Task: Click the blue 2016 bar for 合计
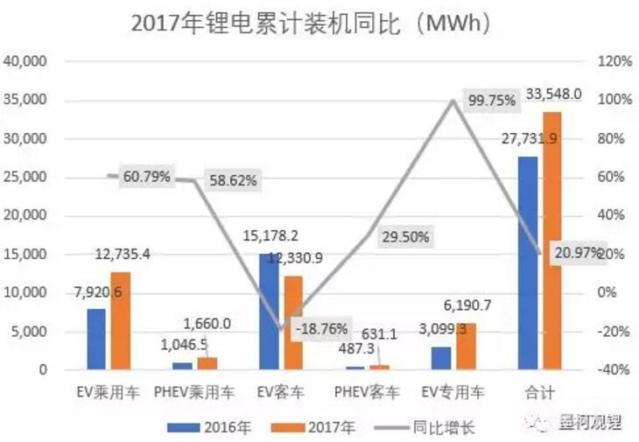tap(528, 263)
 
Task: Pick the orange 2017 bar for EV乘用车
tap(120, 320)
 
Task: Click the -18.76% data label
tap(321, 329)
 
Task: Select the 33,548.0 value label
tap(553, 94)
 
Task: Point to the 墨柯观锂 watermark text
tap(591, 422)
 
